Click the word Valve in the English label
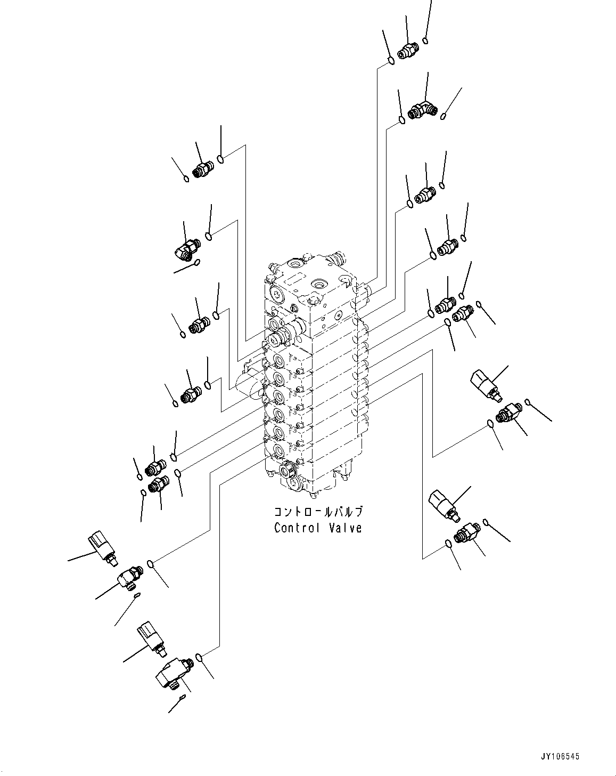[x=344, y=528]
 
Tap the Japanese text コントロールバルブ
[x=318, y=512]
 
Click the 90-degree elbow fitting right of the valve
[x=423, y=111]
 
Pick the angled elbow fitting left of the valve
[x=186, y=248]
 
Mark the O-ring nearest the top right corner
[x=426, y=40]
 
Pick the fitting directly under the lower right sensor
[x=466, y=533]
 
